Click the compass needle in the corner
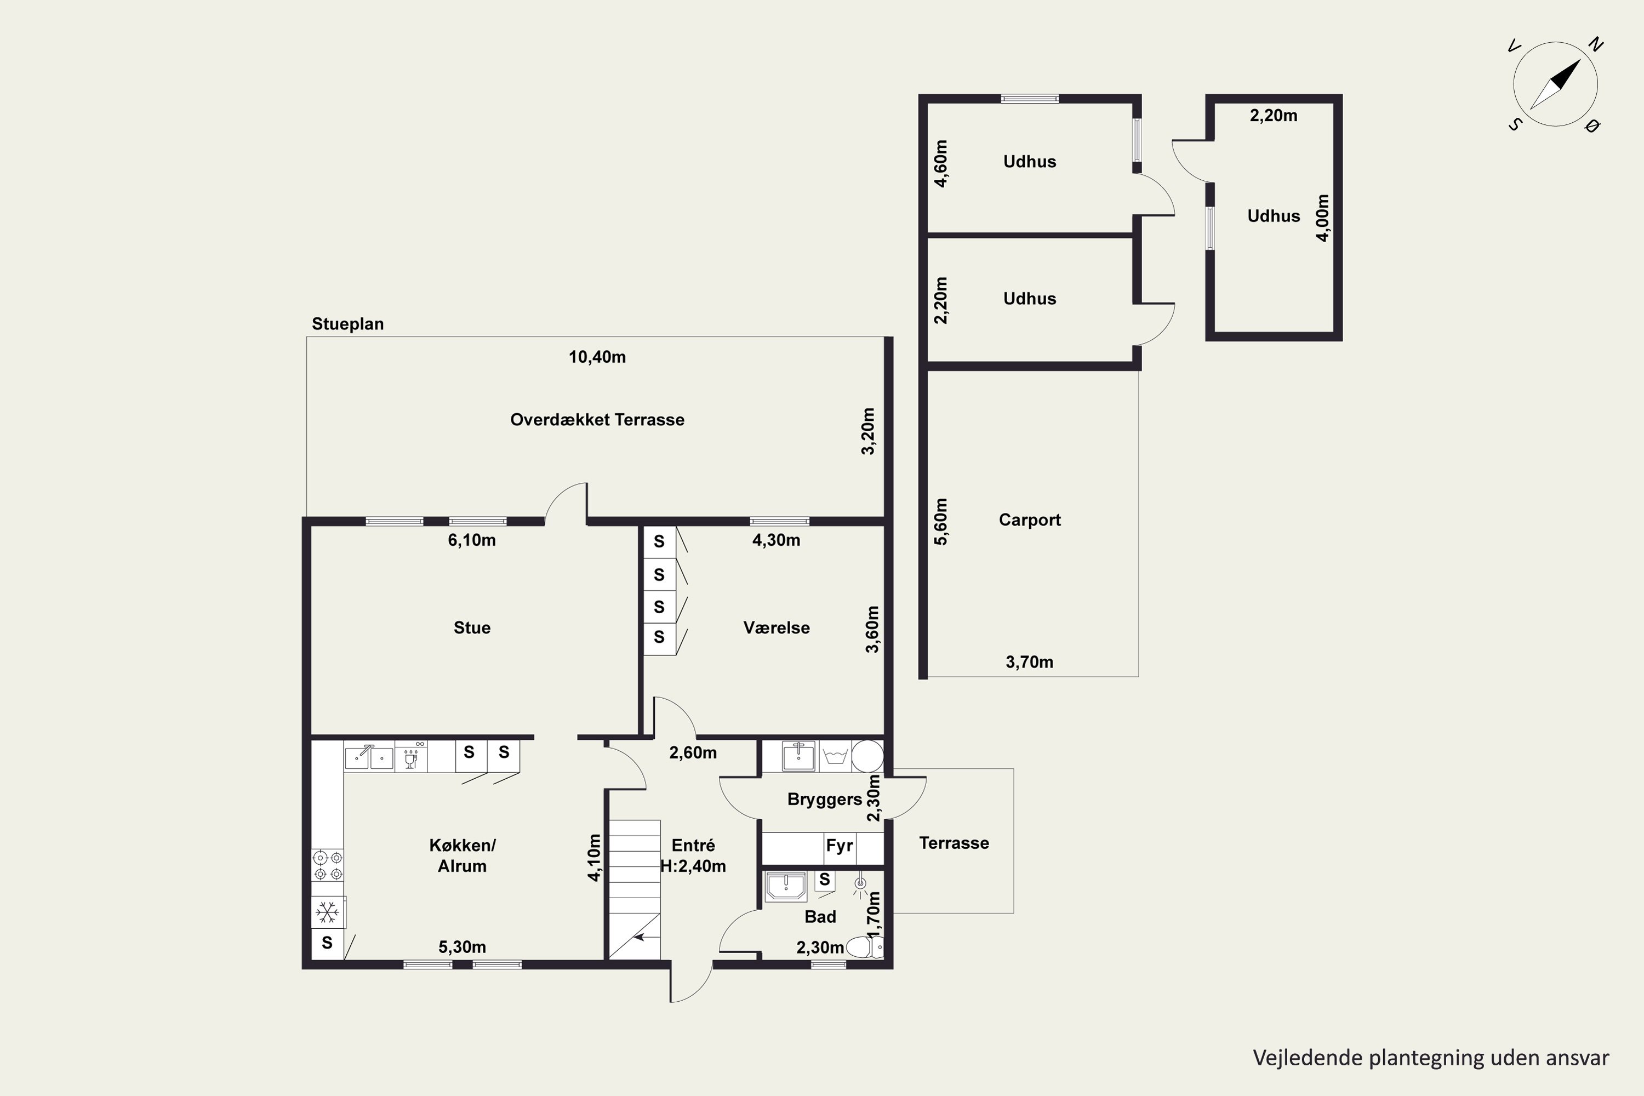click(1555, 84)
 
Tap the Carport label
click(1030, 520)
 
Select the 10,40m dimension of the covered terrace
click(597, 357)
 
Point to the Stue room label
click(472, 627)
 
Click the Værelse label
click(777, 627)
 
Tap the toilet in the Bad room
click(865, 947)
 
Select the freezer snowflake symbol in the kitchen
click(327, 912)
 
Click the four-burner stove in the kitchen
click(327, 865)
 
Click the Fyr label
click(839, 846)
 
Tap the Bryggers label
click(824, 800)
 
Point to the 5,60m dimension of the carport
click(941, 522)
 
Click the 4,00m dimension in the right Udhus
click(1322, 218)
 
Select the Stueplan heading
click(347, 324)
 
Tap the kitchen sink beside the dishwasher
click(368, 756)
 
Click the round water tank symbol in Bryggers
click(867, 756)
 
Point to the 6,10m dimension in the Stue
click(472, 540)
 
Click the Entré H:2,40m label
click(693, 855)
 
